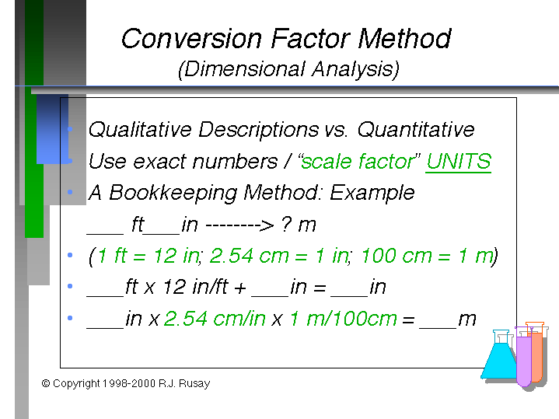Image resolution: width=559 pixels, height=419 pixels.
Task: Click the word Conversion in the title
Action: click(x=192, y=39)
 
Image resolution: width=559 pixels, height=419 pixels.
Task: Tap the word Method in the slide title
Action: click(x=404, y=39)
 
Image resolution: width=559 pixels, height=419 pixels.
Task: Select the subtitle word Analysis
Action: click(x=355, y=69)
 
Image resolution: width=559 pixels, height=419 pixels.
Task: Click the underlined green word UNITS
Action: click(x=459, y=162)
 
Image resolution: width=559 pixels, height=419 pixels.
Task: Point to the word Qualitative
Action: click(x=140, y=130)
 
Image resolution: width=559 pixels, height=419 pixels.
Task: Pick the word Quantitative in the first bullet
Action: click(x=416, y=130)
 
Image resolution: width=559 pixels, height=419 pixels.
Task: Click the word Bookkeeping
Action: click(x=173, y=194)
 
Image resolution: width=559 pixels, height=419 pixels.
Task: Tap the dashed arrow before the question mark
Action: click(x=240, y=225)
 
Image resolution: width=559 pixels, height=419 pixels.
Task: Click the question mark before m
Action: click(x=286, y=225)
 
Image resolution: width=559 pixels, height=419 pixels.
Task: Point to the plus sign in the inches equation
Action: click(x=240, y=288)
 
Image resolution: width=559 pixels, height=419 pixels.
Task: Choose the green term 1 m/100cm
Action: click(x=344, y=319)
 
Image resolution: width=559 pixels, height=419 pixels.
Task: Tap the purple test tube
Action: click(x=524, y=357)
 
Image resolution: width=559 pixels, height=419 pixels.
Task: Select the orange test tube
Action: click(x=537, y=352)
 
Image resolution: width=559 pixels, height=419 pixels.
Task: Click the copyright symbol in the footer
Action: click(x=46, y=383)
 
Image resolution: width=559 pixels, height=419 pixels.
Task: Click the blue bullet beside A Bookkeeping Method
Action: click(x=70, y=192)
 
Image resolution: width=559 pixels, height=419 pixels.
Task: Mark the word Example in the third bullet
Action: click(x=372, y=194)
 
